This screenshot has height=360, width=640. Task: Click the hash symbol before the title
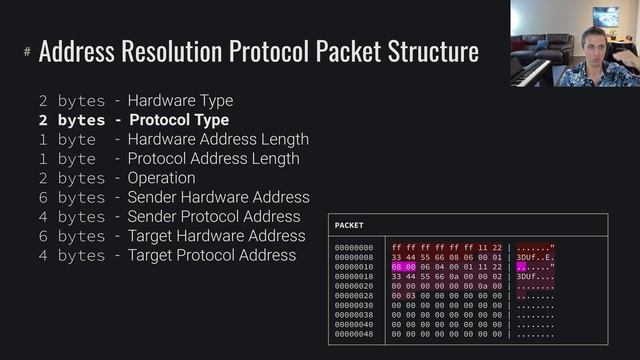point(27,51)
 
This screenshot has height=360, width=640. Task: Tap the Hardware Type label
point(180,101)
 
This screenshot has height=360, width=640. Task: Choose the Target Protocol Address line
point(211,255)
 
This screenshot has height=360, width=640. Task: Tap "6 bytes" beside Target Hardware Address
point(71,236)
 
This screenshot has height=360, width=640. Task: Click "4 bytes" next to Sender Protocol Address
point(71,217)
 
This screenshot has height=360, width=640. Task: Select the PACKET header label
point(349,225)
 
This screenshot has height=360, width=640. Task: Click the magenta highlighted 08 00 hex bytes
point(404,267)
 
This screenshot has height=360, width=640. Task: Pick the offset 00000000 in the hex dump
point(354,247)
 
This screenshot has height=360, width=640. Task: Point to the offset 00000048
point(354,333)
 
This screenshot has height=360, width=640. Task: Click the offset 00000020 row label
point(354,285)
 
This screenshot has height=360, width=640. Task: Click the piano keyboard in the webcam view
point(530,72)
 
